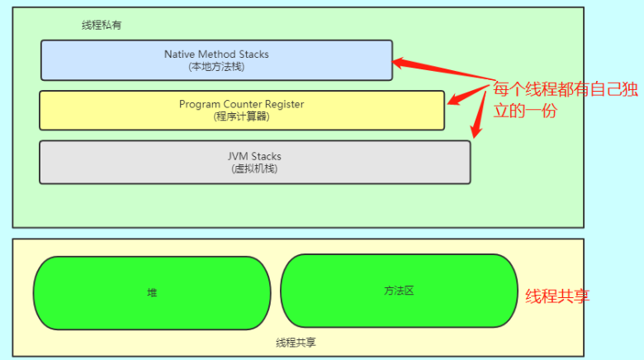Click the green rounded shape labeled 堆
(x=152, y=292)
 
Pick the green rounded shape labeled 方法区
(x=399, y=291)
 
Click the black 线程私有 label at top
(x=102, y=26)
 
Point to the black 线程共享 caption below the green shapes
(x=296, y=342)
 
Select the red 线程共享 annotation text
(x=557, y=296)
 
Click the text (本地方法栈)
(x=216, y=66)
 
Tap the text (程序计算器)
(x=241, y=116)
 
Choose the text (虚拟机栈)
(x=254, y=168)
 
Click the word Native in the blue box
(x=178, y=54)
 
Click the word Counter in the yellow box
(x=240, y=104)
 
